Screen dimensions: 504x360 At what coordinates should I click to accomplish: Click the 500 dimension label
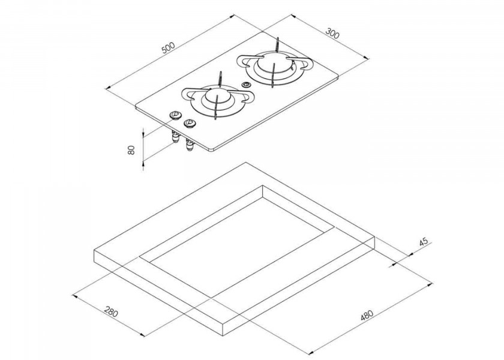click(x=168, y=47)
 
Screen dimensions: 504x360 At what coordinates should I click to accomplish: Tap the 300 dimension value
click(x=332, y=34)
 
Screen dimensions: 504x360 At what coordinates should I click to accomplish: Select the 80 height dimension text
click(x=131, y=150)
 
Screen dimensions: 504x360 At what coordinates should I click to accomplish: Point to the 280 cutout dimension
click(x=111, y=311)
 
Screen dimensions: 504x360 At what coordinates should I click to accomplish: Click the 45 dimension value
click(x=424, y=242)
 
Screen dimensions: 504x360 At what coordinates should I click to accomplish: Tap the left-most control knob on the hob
click(x=175, y=115)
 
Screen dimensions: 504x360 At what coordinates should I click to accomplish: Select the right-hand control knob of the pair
click(x=190, y=123)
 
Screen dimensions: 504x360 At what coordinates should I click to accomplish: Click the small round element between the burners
click(x=246, y=85)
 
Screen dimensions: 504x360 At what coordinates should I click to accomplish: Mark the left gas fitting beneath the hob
click(x=175, y=137)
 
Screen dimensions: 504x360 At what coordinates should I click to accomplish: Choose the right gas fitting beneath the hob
click(x=189, y=145)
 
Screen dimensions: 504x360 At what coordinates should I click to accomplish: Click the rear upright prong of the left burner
click(x=220, y=79)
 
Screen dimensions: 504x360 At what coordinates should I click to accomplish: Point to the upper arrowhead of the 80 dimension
click(x=143, y=131)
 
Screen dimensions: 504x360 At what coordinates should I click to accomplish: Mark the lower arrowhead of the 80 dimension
click(x=143, y=166)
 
